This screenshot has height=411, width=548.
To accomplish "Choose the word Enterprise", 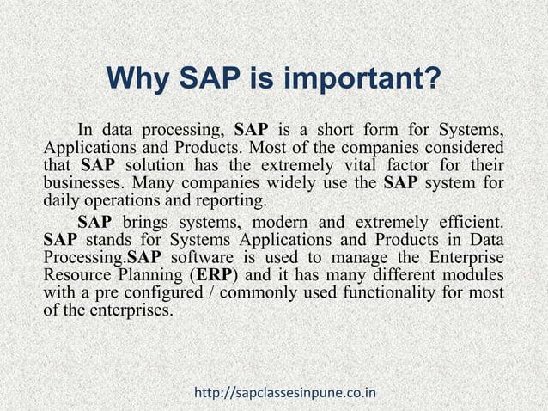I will click(x=463, y=260).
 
